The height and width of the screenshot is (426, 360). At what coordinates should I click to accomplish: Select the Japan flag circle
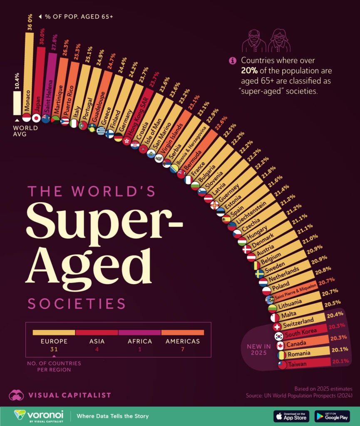(36, 118)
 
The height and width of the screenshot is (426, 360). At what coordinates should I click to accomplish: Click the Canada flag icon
(280, 346)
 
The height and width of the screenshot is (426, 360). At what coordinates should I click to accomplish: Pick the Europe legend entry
(53, 341)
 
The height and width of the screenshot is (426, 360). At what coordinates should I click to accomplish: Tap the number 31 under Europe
(53, 350)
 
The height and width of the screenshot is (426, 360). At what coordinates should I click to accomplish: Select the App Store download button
(291, 416)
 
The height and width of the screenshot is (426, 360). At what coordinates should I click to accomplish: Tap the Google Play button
(332, 416)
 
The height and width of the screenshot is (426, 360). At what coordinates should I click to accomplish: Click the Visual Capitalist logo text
(70, 395)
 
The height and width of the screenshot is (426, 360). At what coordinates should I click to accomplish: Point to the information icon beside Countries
(233, 61)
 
